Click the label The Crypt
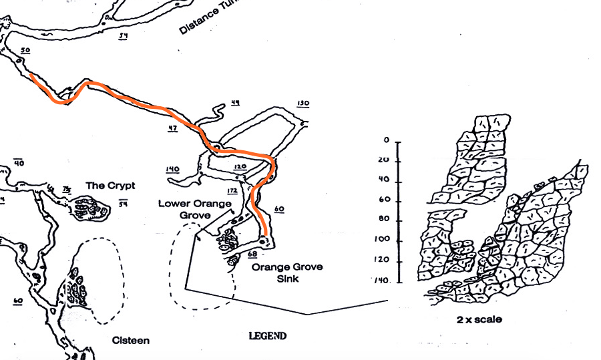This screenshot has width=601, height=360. coord(111,185)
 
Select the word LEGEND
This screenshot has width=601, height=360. coord(267,336)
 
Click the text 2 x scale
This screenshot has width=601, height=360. coord(479,319)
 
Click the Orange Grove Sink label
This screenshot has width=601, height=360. coord(286,273)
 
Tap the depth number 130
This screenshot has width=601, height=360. coord(303,104)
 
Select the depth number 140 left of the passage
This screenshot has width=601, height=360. coord(173,170)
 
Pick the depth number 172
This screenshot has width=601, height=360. coord(232,191)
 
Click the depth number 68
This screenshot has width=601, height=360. coord(252,254)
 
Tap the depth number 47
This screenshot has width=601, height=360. coord(172,128)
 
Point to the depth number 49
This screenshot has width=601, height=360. coord(235,102)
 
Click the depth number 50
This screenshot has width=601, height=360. coord(25,50)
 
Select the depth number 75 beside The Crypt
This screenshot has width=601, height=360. coord(66,190)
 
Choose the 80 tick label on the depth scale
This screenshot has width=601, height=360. coord(383,220)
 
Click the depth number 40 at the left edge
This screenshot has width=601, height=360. coord(19,163)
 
